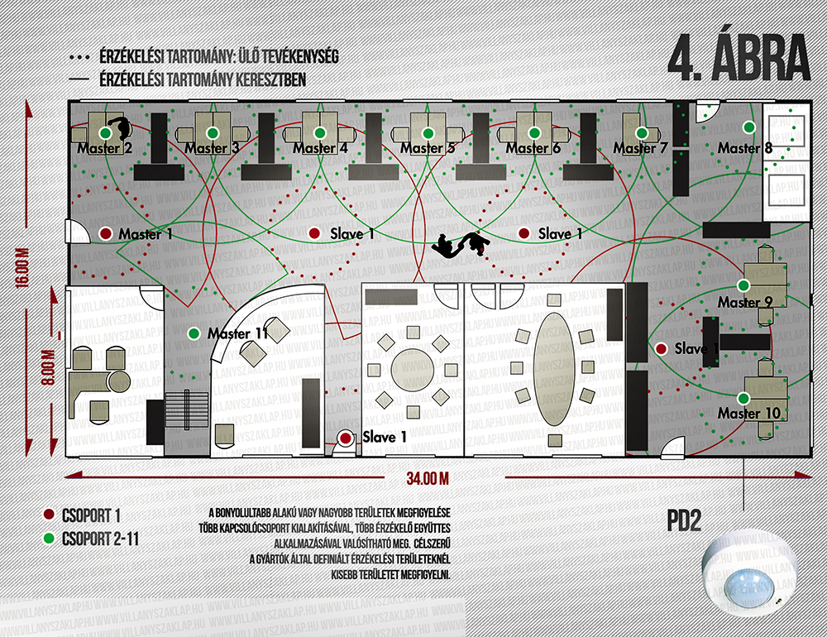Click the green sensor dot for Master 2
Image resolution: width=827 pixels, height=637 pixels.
click(x=106, y=132)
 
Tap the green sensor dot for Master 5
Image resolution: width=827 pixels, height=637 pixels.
click(x=427, y=132)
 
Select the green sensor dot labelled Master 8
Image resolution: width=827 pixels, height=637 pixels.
click(x=748, y=127)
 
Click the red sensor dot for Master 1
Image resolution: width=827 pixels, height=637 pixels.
click(x=106, y=234)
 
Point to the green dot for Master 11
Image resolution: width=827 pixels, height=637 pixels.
click(x=194, y=333)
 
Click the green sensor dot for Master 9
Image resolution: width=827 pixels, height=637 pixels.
click(x=743, y=285)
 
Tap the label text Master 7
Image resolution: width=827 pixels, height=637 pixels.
click(x=640, y=148)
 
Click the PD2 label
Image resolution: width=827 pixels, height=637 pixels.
click(x=684, y=521)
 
